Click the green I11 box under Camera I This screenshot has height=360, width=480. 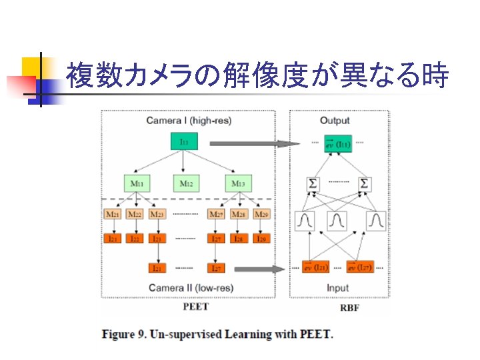pos(184,142)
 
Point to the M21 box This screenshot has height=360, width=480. pos(113,214)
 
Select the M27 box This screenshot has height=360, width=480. pos(216,214)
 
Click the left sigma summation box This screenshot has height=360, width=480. pos(312,183)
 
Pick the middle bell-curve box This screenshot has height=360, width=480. pos(338,220)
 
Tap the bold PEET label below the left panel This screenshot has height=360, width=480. pos(195,307)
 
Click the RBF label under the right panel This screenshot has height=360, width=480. pos(350,307)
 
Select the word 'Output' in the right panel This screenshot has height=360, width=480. pos(335,120)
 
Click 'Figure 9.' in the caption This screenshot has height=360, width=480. pos(125,334)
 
